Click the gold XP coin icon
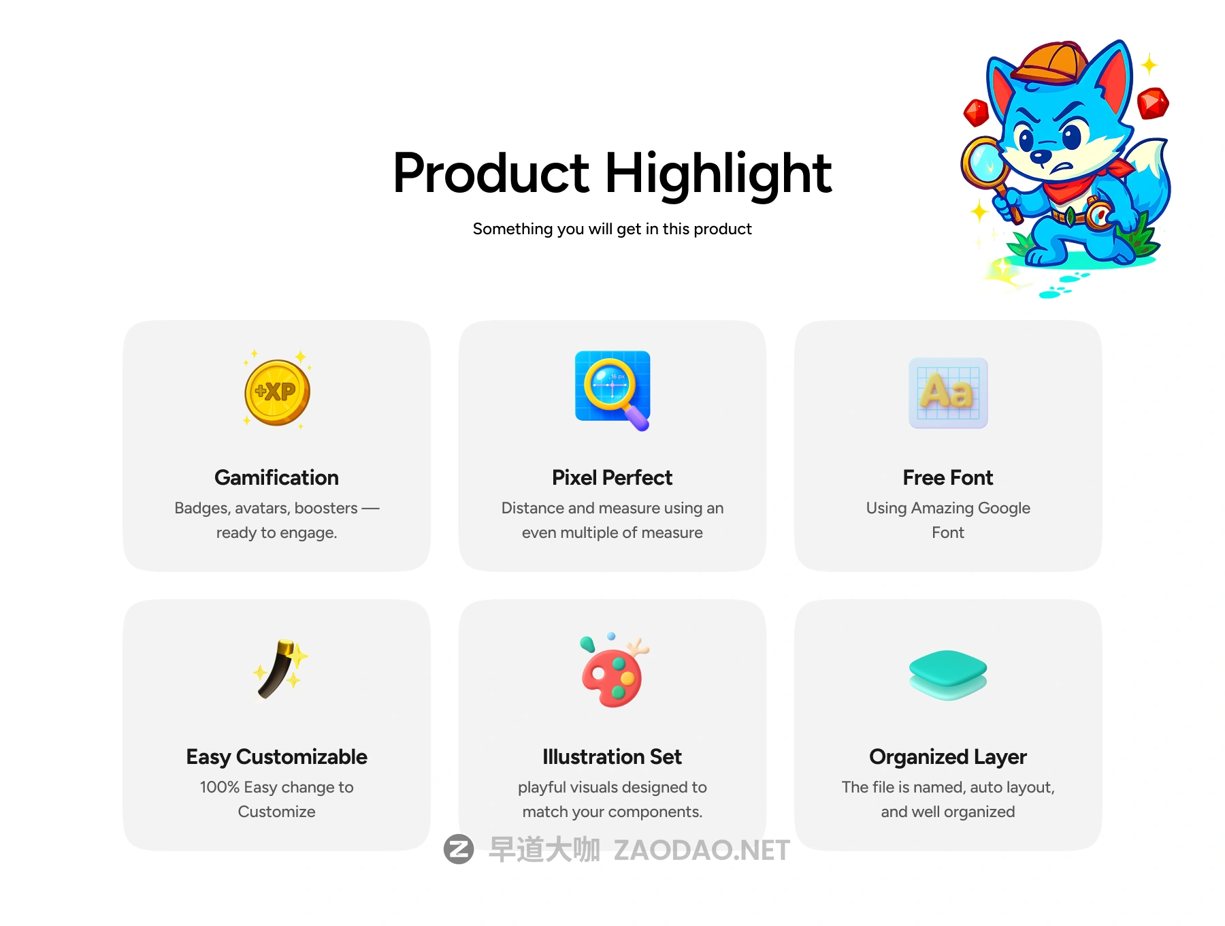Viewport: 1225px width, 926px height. coord(277,392)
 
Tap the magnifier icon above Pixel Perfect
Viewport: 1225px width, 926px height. coord(612,390)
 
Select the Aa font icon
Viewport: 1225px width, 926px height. coord(948,393)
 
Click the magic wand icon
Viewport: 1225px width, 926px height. coord(279,670)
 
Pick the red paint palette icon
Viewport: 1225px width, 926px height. coord(613,671)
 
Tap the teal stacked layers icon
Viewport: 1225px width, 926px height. coord(948,675)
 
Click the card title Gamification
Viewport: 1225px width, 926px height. coord(276,477)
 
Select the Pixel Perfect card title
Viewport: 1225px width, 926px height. coord(612,477)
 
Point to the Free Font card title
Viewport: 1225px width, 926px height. coord(948,477)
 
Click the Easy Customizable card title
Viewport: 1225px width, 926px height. coord(276,756)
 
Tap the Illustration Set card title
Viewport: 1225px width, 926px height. coord(612,756)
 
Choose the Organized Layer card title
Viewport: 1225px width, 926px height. coord(948,756)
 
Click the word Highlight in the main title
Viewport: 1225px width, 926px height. coord(718,174)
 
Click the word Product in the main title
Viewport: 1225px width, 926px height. coord(491,173)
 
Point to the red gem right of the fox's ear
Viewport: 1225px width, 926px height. coord(1153,103)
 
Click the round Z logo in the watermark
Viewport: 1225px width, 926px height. coord(459,849)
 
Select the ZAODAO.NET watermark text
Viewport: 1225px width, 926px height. coord(702,850)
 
